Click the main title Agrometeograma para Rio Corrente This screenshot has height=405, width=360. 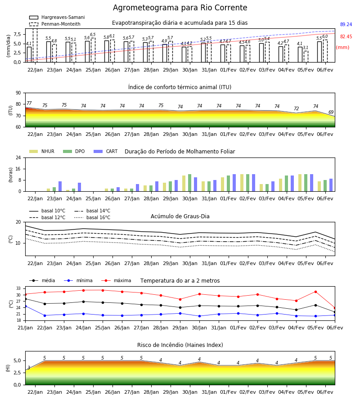coord(180,8)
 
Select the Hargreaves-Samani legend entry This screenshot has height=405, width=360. coord(57,17)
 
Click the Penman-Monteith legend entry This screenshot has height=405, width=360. coord(55,24)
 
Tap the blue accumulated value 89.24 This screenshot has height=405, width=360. coord(346,25)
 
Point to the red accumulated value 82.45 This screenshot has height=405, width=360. coord(346,37)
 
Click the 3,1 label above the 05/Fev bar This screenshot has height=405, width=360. coord(306,48)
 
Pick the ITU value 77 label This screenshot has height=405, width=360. coord(29,103)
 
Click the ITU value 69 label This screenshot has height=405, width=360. coord(331,112)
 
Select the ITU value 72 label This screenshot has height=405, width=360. coord(296,108)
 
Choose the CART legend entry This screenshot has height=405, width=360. coord(106,151)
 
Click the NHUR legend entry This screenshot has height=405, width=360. coord(42,151)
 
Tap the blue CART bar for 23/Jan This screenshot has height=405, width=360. coord(60,186)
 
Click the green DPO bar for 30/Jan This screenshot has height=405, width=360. coord(190,183)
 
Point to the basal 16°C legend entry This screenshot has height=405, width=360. coord(92,217)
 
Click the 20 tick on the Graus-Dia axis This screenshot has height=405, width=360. coord(18,222)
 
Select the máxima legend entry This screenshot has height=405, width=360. coord(116,280)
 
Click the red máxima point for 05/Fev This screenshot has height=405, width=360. coord(315,292)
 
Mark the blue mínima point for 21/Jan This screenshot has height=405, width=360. coord(25,306)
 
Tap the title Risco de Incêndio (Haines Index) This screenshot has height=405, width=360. coord(180,345)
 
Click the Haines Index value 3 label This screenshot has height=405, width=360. coord(29,368)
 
